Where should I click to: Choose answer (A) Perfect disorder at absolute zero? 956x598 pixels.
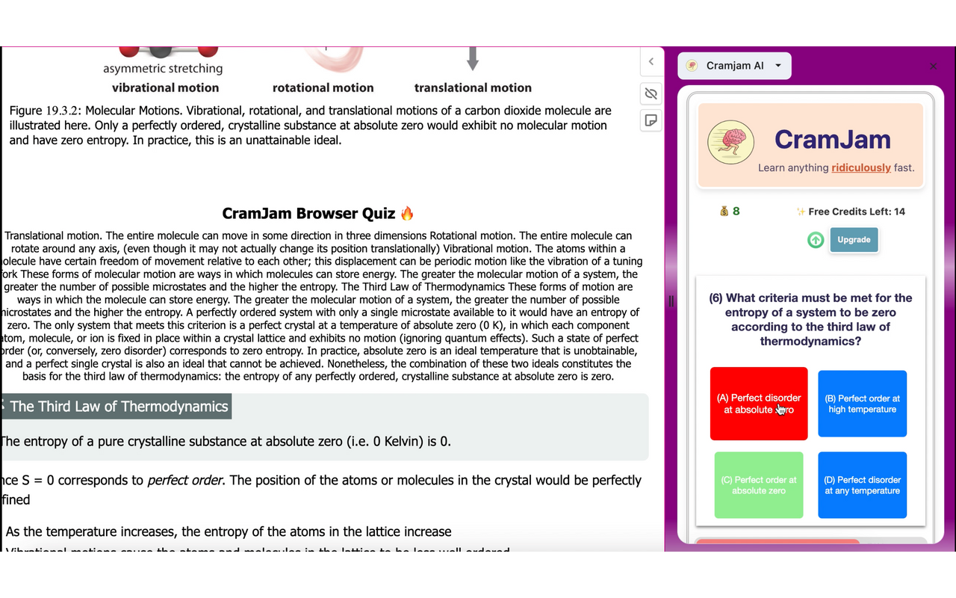(x=758, y=404)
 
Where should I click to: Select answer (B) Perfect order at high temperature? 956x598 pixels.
(x=862, y=404)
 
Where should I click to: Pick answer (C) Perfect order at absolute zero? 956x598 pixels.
(x=758, y=485)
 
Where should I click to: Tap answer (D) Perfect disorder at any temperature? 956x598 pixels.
(x=862, y=485)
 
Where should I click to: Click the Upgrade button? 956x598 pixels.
(x=854, y=240)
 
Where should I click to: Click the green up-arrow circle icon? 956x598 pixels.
(x=816, y=240)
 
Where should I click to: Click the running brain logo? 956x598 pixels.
(x=730, y=142)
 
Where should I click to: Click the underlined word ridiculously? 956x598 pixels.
(x=861, y=167)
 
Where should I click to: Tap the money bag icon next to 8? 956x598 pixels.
(x=724, y=212)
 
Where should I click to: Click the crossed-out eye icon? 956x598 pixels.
(x=651, y=93)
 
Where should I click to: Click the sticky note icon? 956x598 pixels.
(x=651, y=120)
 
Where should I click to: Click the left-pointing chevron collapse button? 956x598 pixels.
(x=651, y=62)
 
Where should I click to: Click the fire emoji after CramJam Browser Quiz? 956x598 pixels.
(x=407, y=214)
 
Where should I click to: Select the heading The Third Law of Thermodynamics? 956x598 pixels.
(x=119, y=407)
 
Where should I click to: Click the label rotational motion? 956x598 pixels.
(x=323, y=87)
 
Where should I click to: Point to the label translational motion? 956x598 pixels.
(x=473, y=87)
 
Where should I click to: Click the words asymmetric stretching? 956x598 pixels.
(x=163, y=69)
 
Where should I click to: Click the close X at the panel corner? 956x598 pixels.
(x=933, y=66)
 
